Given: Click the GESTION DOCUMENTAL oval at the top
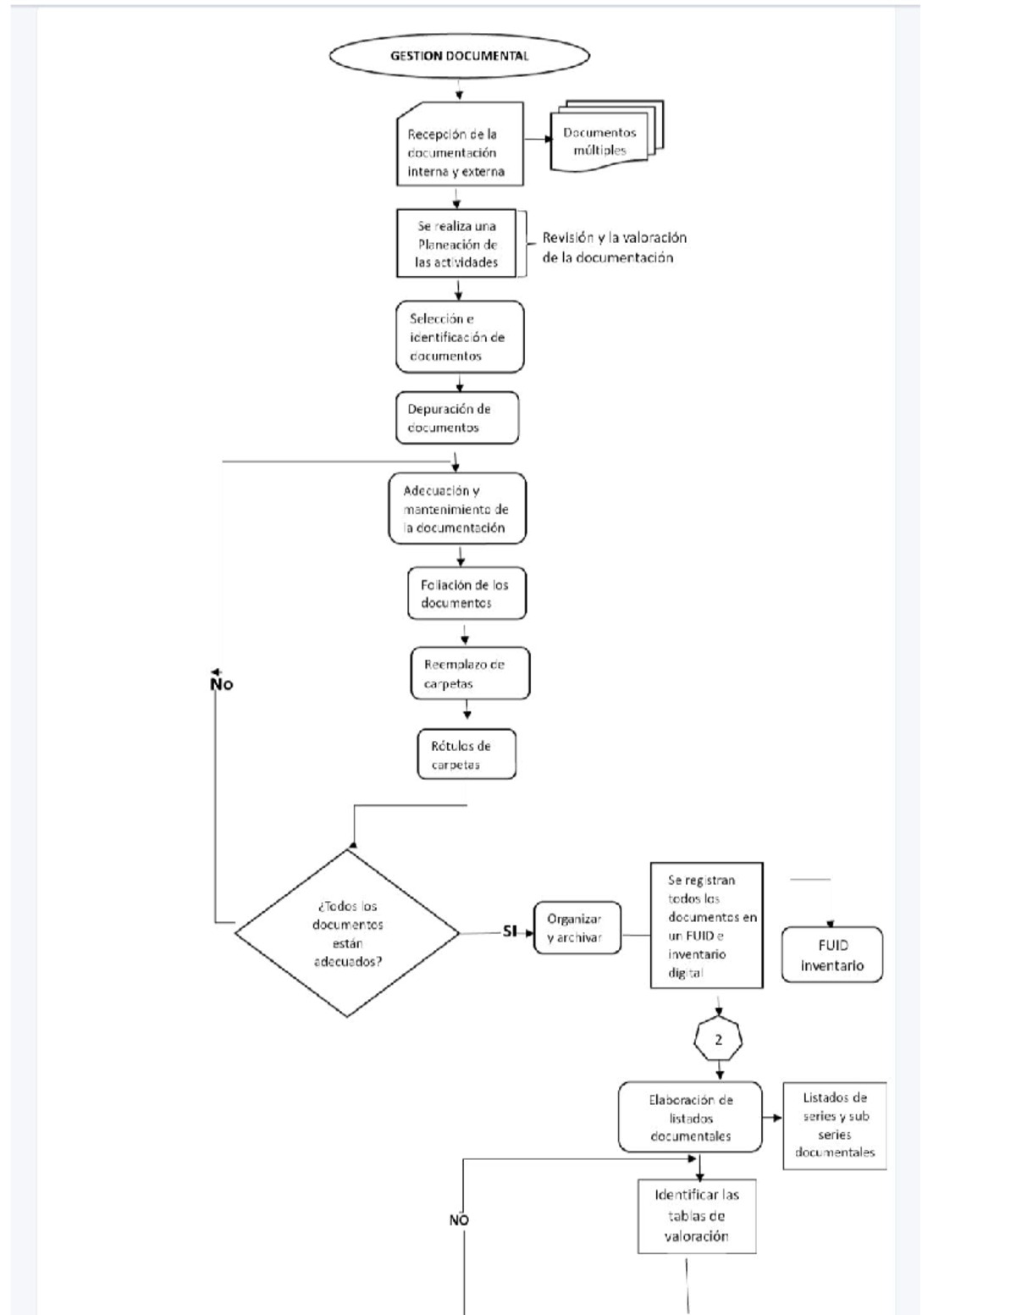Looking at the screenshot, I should tap(459, 56).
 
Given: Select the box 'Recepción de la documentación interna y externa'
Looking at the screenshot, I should tap(460, 145).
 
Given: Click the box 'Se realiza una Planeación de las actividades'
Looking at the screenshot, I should tap(456, 244).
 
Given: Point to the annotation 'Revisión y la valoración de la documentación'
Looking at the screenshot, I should tap(614, 247).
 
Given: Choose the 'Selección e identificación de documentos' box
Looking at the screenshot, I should tap(460, 337).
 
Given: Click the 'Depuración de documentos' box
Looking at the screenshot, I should tap(456, 417).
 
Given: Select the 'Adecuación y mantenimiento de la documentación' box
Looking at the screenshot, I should tap(457, 509).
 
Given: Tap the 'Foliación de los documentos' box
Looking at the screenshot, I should tap(466, 594).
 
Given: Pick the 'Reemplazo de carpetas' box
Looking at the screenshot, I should tap(470, 674).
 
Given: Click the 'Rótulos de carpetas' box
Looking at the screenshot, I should tap(467, 754).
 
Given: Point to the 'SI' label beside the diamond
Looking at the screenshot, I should tap(510, 931).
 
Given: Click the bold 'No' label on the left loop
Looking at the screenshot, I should tap(222, 684).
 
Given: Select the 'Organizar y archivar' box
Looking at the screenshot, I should tap(577, 928).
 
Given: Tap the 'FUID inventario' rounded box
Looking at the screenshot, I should tap(831, 955).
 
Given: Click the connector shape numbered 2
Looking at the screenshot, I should tap(718, 1041).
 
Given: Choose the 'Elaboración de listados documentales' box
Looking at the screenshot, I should tap(689, 1118).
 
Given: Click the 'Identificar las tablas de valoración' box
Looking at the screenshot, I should tap(696, 1216).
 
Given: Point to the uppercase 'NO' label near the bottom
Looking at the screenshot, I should tap(459, 1220).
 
